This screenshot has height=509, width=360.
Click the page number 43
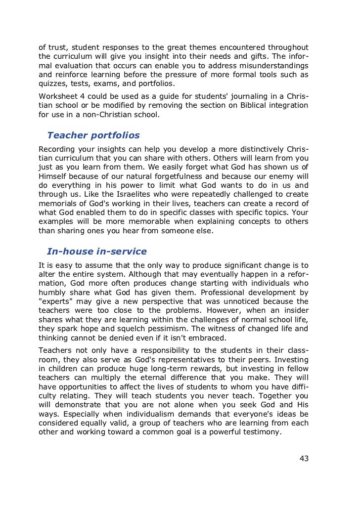(x=304, y=458)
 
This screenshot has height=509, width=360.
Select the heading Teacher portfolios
(x=93, y=135)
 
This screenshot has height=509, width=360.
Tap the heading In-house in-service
(x=96, y=251)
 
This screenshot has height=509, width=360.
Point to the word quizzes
(x=53, y=84)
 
